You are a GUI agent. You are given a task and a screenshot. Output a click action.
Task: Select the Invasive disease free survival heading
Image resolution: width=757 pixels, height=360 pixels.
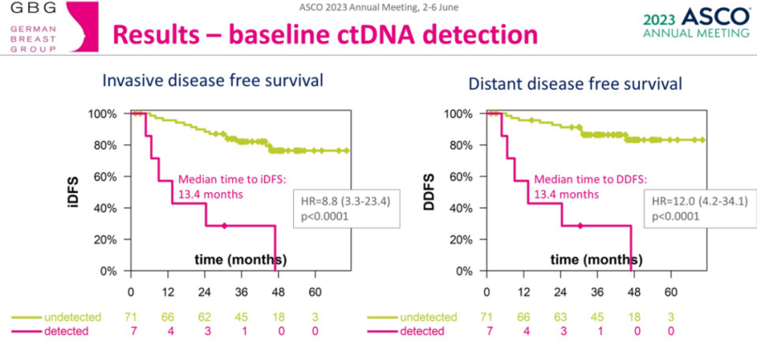point(213,80)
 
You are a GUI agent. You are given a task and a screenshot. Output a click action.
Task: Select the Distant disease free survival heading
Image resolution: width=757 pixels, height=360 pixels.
point(575,84)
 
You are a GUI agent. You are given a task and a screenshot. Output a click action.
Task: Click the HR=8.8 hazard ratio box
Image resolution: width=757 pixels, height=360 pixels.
point(347,209)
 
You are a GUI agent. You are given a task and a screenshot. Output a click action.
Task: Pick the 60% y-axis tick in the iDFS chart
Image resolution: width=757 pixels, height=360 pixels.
point(102,177)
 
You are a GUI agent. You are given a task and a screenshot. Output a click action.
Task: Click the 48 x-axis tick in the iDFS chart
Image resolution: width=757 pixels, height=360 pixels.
point(278,292)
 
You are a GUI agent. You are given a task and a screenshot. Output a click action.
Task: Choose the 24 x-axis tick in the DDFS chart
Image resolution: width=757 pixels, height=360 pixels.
point(560,292)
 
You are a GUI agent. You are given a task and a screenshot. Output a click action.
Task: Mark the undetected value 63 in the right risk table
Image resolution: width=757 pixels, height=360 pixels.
point(560,317)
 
